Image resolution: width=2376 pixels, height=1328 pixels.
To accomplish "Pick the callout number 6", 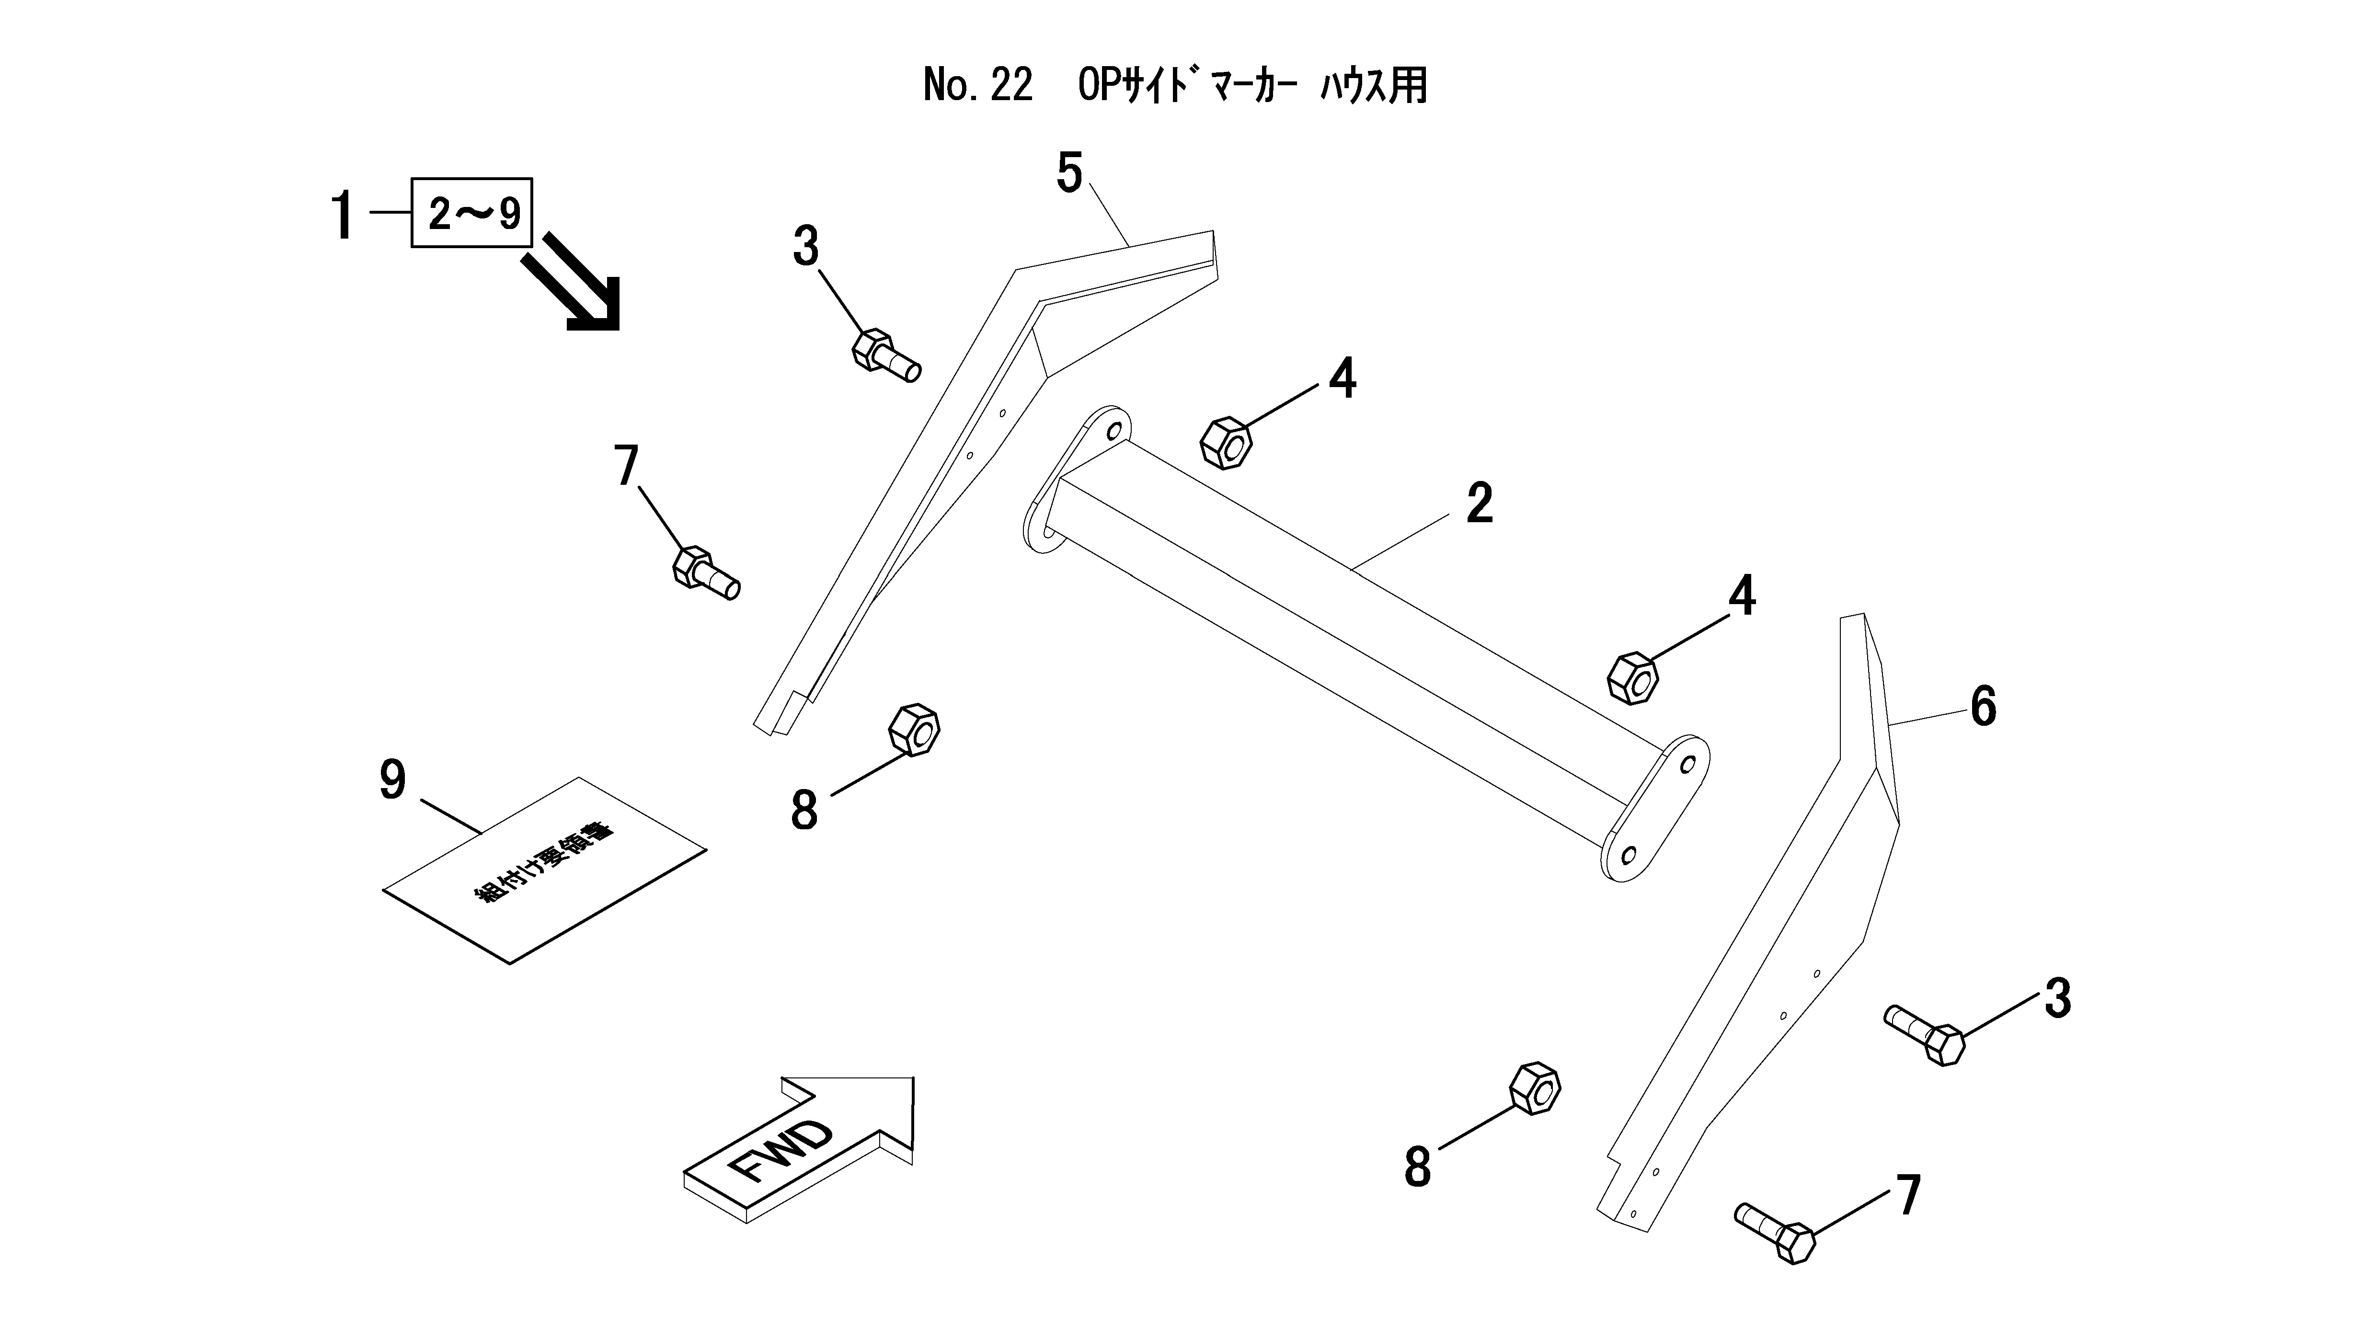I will [x=1983, y=707].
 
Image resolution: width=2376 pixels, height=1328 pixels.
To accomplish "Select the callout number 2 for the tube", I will [x=1479, y=504].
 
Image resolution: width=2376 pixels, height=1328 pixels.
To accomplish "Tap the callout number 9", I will [x=393, y=781].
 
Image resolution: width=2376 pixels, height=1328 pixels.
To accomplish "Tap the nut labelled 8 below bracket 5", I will [x=913, y=730].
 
